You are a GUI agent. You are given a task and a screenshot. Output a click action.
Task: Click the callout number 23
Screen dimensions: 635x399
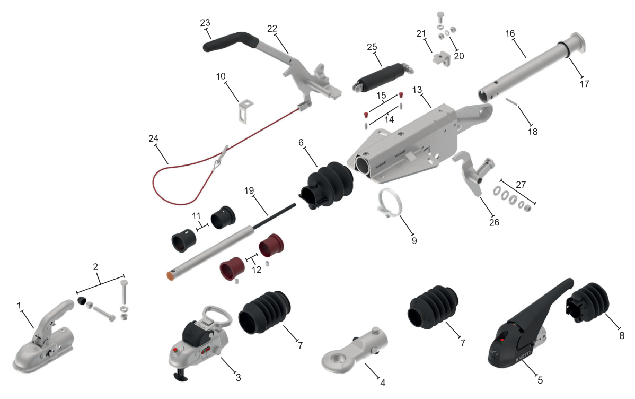coord(205,23)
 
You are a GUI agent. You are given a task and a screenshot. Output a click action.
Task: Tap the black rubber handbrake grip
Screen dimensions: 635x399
coord(231,41)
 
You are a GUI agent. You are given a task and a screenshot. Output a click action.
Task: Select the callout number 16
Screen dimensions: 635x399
coord(510,33)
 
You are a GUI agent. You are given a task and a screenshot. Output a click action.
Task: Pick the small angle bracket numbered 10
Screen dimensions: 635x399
coord(245,111)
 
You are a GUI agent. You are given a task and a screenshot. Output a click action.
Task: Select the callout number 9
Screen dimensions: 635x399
coord(414,240)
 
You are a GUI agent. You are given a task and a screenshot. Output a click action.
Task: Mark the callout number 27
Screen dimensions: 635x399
coord(521,185)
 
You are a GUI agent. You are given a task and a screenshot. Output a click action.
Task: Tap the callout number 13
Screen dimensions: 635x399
coord(417,90)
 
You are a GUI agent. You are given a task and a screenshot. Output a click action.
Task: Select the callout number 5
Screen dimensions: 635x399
coord(540,380)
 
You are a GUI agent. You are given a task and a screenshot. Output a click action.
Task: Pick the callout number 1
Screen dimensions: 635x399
coord(19,305)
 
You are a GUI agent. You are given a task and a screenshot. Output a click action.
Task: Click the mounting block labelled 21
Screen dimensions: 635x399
coord(442,59)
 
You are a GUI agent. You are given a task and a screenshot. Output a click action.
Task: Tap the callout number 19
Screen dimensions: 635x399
coord(249,190)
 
